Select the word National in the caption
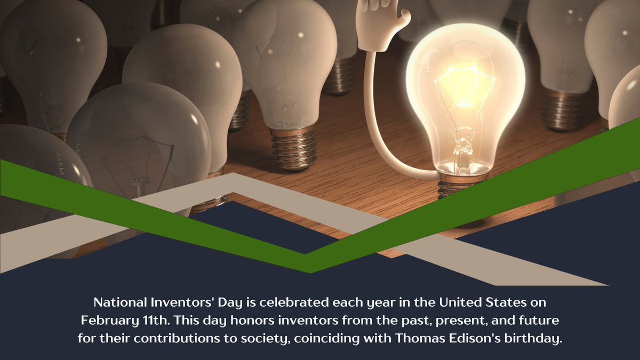(118, 302)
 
